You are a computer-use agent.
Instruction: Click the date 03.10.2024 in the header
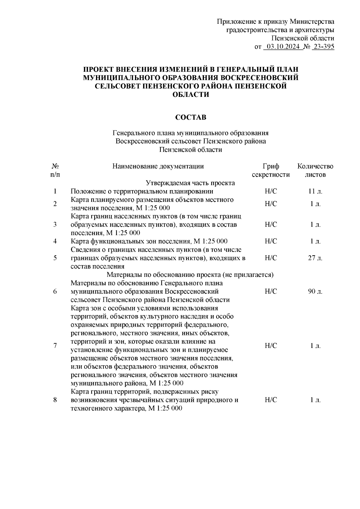click(282, 46)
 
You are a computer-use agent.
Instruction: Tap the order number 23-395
click(323, 46)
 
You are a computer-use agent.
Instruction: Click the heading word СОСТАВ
click(191, 117)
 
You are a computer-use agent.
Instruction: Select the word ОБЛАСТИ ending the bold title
click(191, 94)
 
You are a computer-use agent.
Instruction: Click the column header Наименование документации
click(158, 166)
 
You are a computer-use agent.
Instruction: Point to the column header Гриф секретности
click(271, 170)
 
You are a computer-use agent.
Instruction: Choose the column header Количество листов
click(315, 170)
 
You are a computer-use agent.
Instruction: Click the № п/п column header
click(55, 170)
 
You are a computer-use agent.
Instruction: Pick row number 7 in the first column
click(55, 346)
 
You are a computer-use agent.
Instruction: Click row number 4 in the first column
click(55, 241)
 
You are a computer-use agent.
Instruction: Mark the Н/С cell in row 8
click(271, 400)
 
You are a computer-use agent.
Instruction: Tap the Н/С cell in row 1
click(271, 191)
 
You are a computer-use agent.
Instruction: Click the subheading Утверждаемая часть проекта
click(190, 183)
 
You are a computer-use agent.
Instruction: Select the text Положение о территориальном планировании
click(142, 191)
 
